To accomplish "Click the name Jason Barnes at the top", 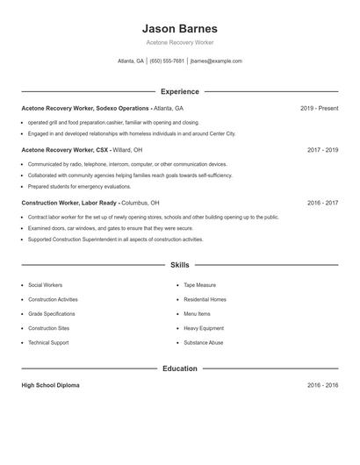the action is tap(179, 28).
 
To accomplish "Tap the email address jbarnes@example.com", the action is tap(216, 61).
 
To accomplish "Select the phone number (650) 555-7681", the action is tap(167, 61).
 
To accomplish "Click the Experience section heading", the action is tap(180, 91).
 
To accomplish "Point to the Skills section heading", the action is tap(180, 264).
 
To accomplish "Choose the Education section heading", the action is tap(180, 368).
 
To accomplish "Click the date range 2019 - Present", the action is tap(319, 108).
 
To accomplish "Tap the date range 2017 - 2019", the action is tap(322, 150).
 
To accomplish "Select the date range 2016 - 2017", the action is tap(322, 203).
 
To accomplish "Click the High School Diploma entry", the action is tap(50, 385).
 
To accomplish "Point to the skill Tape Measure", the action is tap(200, 285).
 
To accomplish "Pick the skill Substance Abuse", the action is tap(204, 342).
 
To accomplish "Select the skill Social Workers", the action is tap(45, 285).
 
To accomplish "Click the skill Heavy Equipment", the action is tap(204, 328).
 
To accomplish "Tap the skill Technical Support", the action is tap(49, 342).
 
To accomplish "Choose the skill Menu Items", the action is tap(197, 313).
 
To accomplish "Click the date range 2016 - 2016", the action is tap(322, 385).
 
